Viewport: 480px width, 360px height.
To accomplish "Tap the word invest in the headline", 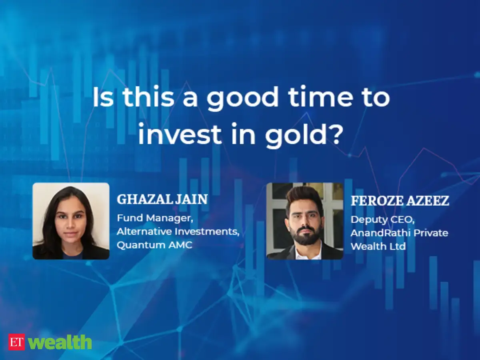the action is click(180, 134).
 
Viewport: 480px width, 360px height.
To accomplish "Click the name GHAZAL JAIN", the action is click(162, 199).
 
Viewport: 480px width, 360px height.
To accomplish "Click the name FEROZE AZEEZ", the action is click(400, 201).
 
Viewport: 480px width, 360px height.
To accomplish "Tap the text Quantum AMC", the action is click(154, 245).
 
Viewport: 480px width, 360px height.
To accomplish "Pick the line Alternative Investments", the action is click(178, 232).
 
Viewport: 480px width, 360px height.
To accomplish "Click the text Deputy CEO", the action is click(382, 220).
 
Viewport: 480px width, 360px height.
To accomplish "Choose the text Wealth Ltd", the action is click(378, 246).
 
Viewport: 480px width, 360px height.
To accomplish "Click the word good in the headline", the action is click(242, 98).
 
